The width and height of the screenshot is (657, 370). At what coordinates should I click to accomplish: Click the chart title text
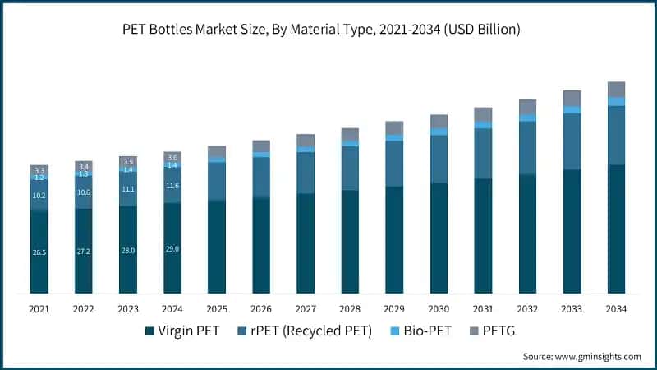pyautogui.click(x=328, y=30)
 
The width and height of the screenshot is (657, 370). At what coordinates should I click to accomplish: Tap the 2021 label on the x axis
pyautogui.click(x=39, y=309)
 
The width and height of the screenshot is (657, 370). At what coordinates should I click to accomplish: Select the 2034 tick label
pyautogui.click(x=616, y=309)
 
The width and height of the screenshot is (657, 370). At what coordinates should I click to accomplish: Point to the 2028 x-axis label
pyautogui.click(x=350, y=309)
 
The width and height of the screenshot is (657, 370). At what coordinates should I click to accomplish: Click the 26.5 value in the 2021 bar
pyautogui.click(x=39, y=252)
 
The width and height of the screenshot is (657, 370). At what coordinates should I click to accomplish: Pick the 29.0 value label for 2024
pyautogui.click(x=172, y=248)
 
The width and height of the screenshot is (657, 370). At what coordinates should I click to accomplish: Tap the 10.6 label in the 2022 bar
pyautogui.click(x=84, y=192)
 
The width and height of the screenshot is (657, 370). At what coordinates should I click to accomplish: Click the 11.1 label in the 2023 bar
pyautogui.click(x=128, y=189)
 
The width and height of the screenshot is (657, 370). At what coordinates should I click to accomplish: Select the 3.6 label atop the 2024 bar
pyautogui.click(x=172, y=156)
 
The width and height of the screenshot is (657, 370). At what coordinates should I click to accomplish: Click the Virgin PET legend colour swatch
pyautogui.click(x=149, y=331)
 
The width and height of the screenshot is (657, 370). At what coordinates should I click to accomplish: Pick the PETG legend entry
pyautogui.click(x=493, y=331)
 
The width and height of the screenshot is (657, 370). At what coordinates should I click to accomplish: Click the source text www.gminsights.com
pyautogui.click(x=581, y=356)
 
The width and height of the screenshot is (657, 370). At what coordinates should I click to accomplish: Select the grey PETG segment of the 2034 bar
pyautogui.click(x=616, y=89)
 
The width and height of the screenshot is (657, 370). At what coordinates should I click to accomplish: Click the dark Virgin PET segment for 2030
pyautogui.click(x=439, y=238)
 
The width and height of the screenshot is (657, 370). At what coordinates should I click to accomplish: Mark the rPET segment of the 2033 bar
pyautogui.click(x=572, y=141)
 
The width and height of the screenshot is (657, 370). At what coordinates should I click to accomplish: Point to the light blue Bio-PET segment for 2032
pyautogui.click(x=527, y=118)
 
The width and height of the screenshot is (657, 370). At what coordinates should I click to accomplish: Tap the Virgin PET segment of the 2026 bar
pyautogui.click(x=261, y=245)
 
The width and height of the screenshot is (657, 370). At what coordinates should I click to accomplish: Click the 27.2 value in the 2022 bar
pyautogui.click(x=84, y=251)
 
